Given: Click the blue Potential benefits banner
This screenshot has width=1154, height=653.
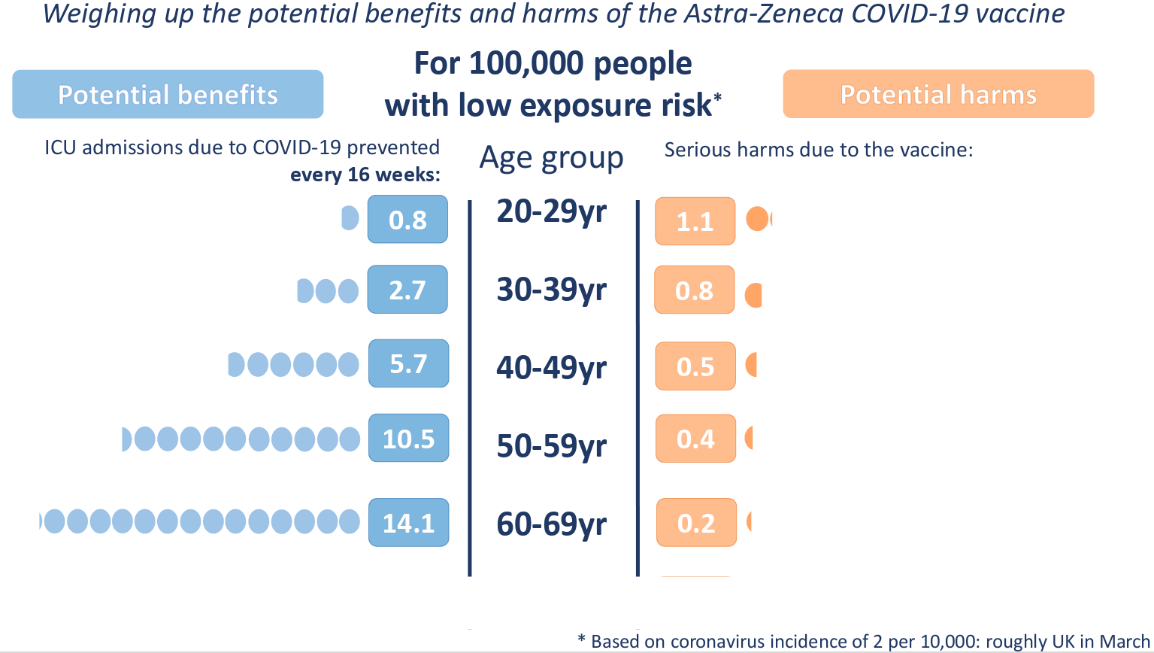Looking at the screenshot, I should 168,94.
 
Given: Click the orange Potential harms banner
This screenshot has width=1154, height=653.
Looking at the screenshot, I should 938,94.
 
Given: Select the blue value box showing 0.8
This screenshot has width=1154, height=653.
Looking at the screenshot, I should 407,220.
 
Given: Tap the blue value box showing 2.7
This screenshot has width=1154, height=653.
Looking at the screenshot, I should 407,290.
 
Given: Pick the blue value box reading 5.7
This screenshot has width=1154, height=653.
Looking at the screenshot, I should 408,363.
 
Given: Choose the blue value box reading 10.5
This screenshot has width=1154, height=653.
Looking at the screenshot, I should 408,438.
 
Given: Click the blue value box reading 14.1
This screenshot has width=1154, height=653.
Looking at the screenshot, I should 408,522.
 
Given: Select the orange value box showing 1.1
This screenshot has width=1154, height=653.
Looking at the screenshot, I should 695,221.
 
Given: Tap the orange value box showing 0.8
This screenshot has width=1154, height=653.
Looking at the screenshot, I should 694,290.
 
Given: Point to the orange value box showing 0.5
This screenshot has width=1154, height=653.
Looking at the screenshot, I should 695,366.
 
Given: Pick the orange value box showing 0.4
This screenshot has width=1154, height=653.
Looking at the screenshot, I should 695,439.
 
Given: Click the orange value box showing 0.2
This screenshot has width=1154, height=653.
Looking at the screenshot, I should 696,522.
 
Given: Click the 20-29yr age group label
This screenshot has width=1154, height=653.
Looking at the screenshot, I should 551,211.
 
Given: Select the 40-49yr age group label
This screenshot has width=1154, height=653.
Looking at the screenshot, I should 551,368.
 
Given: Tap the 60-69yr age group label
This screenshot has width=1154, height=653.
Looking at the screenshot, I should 551,524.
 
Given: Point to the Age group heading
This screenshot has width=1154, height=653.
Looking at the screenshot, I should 551,158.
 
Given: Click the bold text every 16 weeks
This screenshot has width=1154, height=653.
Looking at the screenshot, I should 365,175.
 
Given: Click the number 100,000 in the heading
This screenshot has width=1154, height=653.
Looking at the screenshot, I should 527,63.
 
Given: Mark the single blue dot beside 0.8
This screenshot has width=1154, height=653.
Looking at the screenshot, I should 350,218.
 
